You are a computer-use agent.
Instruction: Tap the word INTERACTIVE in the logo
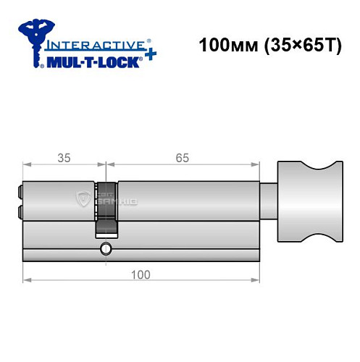[x=92, y=44]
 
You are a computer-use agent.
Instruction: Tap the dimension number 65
[x=187, y=156]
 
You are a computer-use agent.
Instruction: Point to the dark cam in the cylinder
[x=106, y=226]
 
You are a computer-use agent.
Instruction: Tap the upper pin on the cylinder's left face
[x=20, y=193]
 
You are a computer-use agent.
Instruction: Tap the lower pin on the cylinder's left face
[x=20, y=212]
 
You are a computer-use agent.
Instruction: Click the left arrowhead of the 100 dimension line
[x=26, y=279]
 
